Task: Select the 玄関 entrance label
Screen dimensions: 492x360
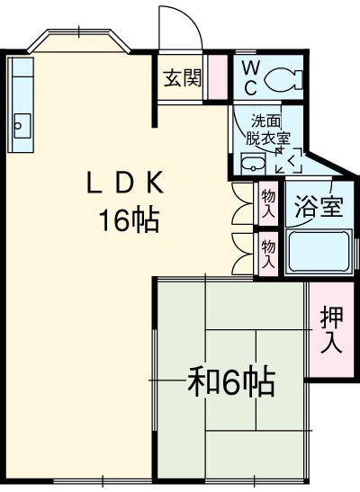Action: [x=181, y=78]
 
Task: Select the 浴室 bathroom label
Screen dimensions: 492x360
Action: [x=319, y=206]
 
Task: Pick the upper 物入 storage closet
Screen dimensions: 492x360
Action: [x=268, y=204]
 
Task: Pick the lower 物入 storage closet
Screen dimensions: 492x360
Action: [x=268, y=252]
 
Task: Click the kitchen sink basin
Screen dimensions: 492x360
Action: [x=22, y=123]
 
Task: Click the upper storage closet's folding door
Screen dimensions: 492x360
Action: [x=239, y=204]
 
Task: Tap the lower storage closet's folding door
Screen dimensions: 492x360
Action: [x=239, y=252]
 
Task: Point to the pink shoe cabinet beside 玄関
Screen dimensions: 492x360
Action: [x=217, y=78]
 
